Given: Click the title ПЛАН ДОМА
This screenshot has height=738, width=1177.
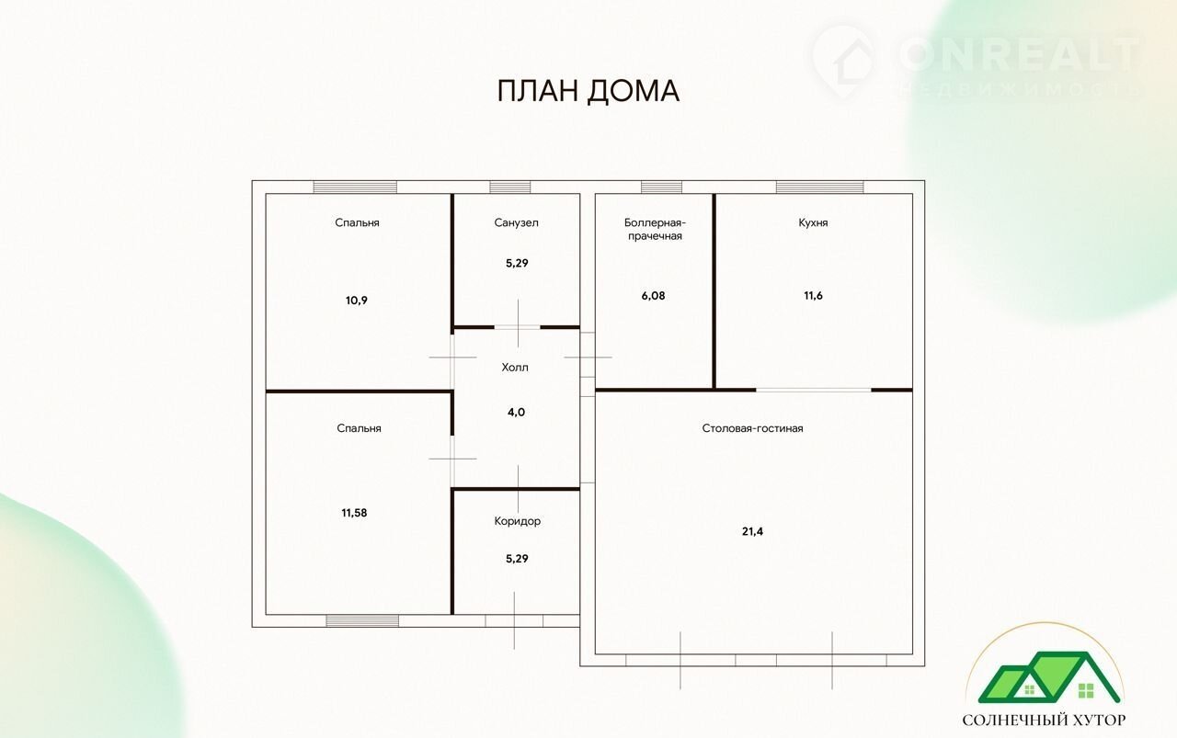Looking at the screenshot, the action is [588, 91].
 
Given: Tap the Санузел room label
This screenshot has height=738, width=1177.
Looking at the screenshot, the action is [516, 222].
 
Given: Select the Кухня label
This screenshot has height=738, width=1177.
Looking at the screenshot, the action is [813, 222].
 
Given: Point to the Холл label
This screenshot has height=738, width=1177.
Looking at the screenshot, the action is [515, 367].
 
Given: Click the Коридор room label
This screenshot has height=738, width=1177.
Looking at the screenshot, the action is [517, 521].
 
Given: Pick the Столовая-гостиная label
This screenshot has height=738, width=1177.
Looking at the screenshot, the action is [752, 428].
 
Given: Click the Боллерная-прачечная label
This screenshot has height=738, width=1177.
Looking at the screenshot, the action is [656, 229].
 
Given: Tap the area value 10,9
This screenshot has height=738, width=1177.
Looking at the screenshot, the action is [356, 301].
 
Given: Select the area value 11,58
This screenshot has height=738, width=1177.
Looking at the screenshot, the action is [354, 513].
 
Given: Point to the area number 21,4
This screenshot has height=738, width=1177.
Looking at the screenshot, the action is [752, 531].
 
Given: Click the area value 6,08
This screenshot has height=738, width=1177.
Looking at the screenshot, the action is [653, 296].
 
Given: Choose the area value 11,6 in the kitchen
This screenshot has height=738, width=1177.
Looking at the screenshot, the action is [813, 296].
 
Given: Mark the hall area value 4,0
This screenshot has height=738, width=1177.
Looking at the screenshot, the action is [516, 413].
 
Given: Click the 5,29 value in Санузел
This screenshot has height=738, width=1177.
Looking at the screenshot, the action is [517, 263].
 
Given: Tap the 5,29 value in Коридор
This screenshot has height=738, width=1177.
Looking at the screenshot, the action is [517, 559].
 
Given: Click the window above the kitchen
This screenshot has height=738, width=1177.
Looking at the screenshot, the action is [819, 187].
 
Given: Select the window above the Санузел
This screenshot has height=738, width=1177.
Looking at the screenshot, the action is [509, 187].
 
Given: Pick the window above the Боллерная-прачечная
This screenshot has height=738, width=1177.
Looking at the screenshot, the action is [661, 187].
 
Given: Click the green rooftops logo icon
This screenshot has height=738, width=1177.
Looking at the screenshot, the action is [1049, 677].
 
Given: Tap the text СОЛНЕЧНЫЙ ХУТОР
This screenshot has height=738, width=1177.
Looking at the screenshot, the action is [1044, 720].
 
